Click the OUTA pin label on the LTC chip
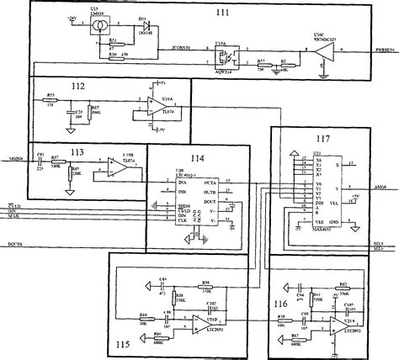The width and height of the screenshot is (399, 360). tap(210, 182)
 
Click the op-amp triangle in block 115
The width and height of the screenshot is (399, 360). tap(199, 320)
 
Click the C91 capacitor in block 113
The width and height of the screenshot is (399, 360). tap(40, 158)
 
